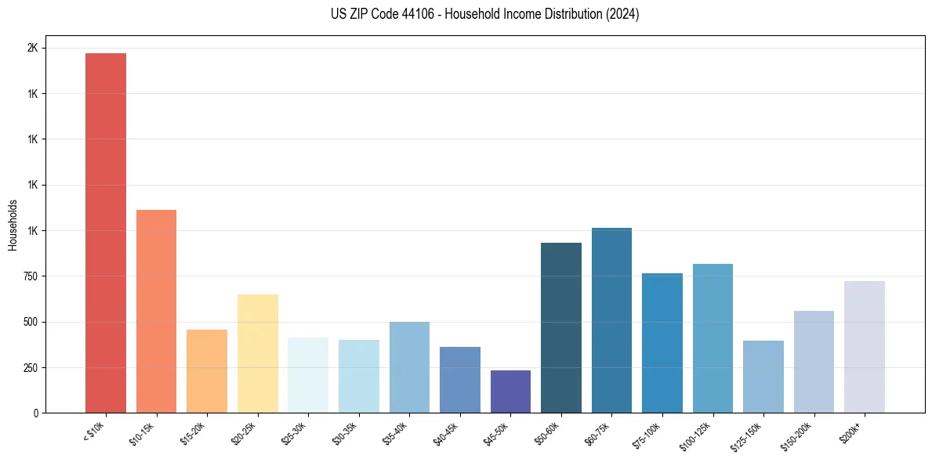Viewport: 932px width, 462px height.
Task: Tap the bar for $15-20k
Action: [x=207, y=371]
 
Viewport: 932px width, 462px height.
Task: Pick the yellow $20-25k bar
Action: [x=257, y=353]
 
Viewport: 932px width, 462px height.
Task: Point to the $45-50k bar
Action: [x=510, y=392]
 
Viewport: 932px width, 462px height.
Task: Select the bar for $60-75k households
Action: [x=611, y=320]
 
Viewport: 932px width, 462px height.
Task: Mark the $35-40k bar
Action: [x=409, y=367]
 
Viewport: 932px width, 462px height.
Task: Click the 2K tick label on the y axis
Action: [x=32, y=48]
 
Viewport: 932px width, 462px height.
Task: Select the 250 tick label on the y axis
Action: [x=30, y=367]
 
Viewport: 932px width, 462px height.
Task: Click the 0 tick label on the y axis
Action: [x=36, y=413]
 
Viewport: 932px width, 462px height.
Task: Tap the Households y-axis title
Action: [x=13, y=225]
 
